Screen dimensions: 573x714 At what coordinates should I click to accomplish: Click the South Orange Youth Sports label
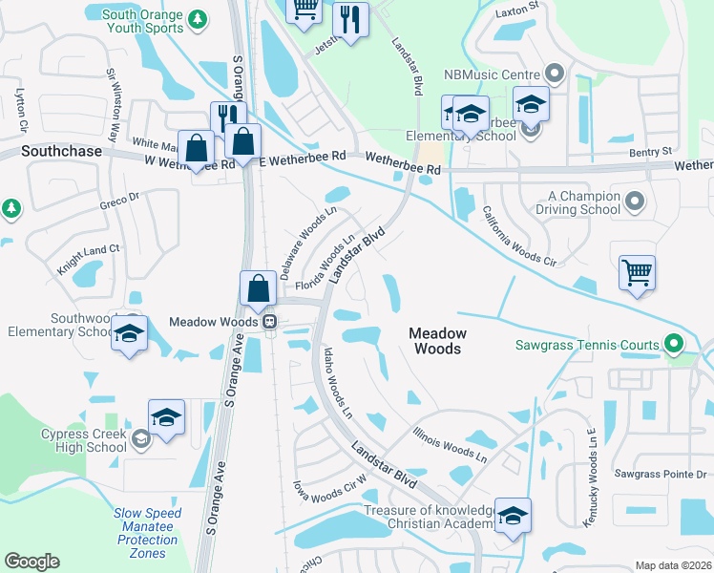click(141, 21)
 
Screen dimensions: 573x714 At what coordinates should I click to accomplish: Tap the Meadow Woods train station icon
click(270, 322)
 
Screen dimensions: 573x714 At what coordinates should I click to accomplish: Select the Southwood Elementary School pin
click(130, 334)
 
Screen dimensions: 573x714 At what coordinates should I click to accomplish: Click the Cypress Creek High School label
click(83, 440)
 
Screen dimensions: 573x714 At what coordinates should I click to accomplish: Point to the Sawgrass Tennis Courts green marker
click(675, 345)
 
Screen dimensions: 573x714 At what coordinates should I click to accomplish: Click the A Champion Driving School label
click(571, 202)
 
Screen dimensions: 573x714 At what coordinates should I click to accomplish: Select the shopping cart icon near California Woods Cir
click(637, 271)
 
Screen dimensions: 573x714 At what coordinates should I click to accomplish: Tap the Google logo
click(31, 562)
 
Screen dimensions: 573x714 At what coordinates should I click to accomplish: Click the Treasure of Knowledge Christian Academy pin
click(513, 516)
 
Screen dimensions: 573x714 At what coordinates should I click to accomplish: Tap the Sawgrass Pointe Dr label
click(660, 474)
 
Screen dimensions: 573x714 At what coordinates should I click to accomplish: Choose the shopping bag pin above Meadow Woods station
click(258, 288)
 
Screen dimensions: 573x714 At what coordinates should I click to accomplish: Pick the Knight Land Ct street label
click(88, 260)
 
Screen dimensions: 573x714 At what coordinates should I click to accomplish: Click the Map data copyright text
click(673, 565)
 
